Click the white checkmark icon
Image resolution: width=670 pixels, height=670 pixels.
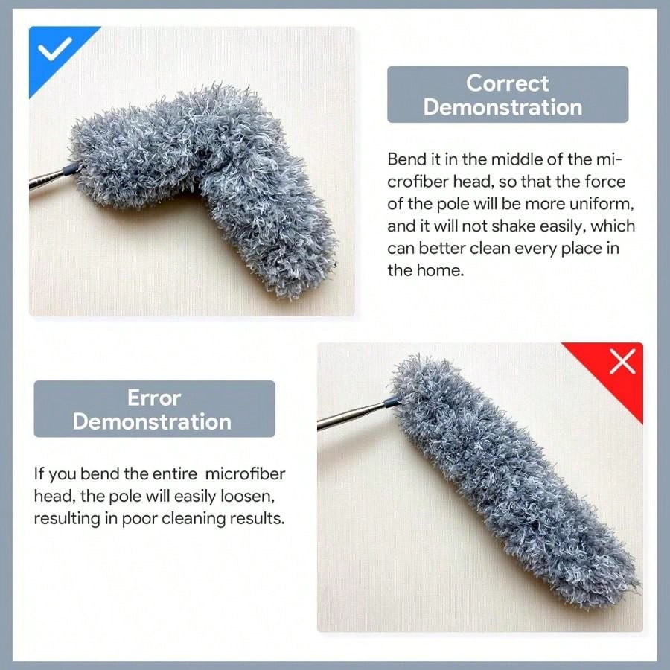pos(55,50)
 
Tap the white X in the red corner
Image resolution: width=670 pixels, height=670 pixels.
pos(622,363)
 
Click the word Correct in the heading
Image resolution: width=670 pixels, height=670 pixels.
pos(508,83)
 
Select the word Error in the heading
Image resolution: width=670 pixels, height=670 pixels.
pos(154,398)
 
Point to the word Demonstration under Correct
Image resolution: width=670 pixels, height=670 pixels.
pos(502,106)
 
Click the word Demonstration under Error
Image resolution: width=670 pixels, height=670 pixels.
pos(152,421)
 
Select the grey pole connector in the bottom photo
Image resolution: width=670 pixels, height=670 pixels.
pos(388,402)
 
